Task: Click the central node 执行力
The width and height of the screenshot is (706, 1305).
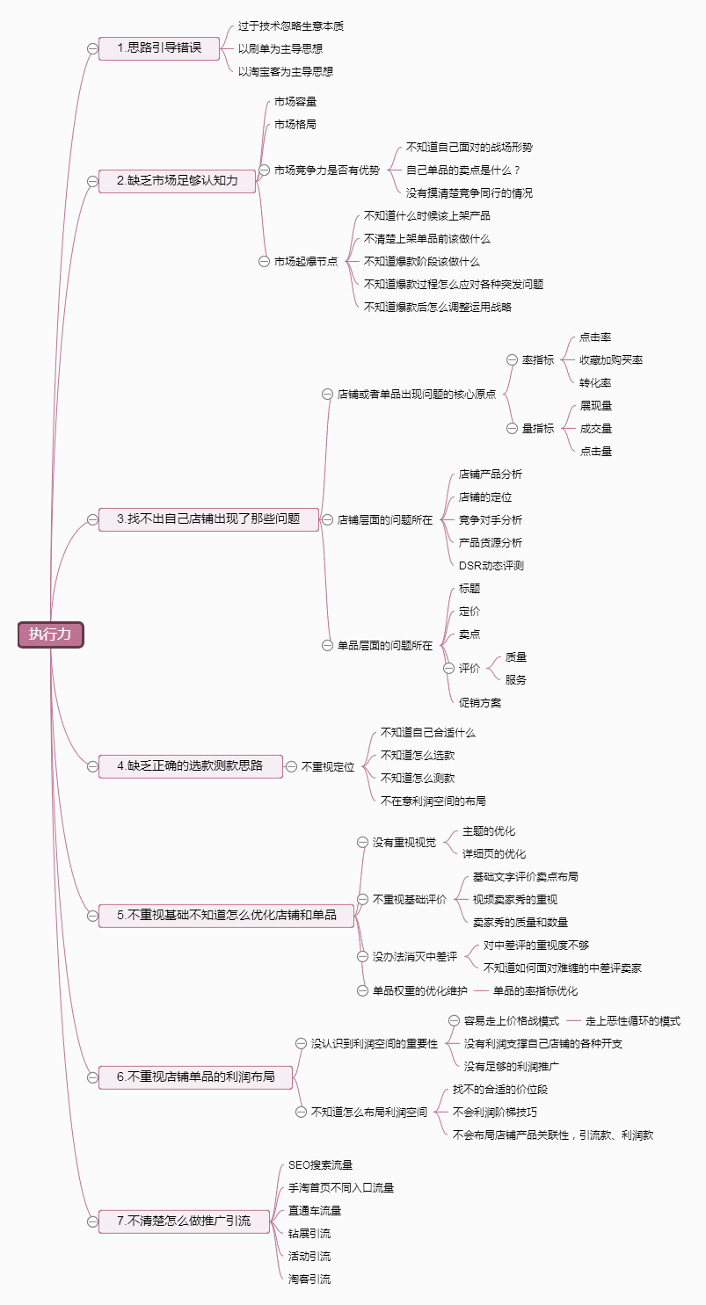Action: (x=50, y=634)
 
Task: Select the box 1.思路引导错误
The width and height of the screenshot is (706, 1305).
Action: (x=149, y=48)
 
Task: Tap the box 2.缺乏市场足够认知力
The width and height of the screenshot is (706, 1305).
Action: (x=177, y=181)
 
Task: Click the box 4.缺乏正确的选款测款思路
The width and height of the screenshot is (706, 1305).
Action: (x=190, y=766)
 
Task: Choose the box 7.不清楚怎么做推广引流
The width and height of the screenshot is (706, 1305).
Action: (x=184, y=1221)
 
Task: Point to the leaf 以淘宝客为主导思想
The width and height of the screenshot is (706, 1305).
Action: (x=286, y=71)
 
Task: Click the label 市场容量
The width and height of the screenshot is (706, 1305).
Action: (x=295, y=102)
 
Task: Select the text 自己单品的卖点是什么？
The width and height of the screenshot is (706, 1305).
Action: (x=463, y=170)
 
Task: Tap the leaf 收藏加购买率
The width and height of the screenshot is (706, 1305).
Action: (x=611, y=360)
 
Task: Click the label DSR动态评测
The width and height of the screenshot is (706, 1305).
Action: (x=491, y=566)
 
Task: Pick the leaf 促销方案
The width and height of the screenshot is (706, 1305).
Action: (x=480, y=703)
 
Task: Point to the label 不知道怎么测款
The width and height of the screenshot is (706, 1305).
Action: (x=417, y=779)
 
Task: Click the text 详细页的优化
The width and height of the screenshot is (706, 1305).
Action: (x=494, y=854)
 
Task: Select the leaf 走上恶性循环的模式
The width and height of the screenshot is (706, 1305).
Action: (x=633, y=1021)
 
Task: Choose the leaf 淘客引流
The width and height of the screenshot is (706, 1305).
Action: (x=309, y=1280)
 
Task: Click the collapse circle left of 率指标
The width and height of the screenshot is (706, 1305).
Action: (x=512, y=360)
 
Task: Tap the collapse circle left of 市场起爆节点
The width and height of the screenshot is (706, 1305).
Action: (x=264, y=261)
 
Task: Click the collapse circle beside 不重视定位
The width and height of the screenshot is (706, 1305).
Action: (x=291, y=766)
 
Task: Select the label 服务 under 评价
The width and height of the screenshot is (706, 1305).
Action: (x=516, y=680)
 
